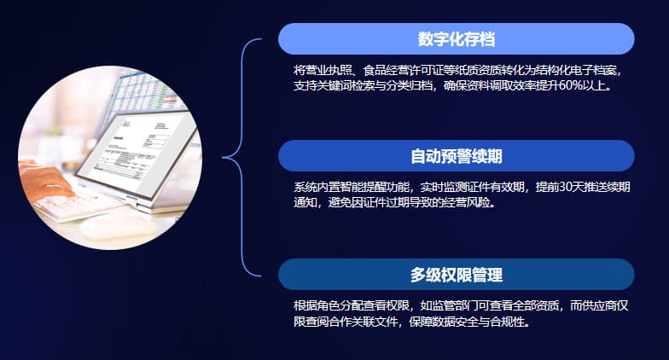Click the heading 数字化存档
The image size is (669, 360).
(x=457, y=39)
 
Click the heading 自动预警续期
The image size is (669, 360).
(x=456, y=156)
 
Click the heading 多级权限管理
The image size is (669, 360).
(x=456, y=275)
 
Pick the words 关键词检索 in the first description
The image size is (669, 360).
(x=358, y=85)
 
